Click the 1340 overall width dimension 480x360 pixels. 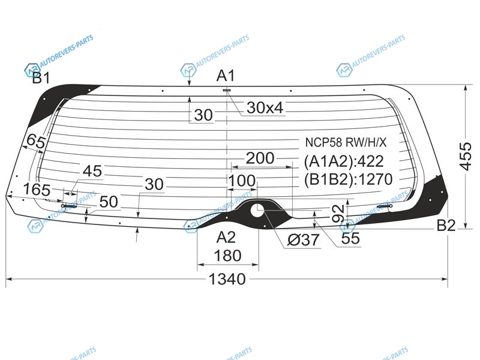[x=227, y=279]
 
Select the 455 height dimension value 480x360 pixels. [x=466, y=156]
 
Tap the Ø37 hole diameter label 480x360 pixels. [x=304, y=239]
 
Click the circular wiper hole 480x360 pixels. [x=257, y=211]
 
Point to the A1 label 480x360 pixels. [x=226, y=76]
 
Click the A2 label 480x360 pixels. [x=226, y=237]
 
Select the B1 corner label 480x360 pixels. [x=41, y=78]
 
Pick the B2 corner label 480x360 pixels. [x=446, y=226]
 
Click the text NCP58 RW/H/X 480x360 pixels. [x=346, y=142]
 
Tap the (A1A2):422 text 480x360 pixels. [x=344, y=161]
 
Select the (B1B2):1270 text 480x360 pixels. [x=348, y=179]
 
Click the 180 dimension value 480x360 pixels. [x=227, y=256]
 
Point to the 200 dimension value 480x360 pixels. [x=260, y=158]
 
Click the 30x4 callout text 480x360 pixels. [x=265, y=108]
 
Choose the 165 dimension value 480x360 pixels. [x=37, y=190]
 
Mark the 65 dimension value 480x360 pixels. [x=36, y=141]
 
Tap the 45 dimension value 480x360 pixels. [x=92, y=171]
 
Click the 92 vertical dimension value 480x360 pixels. [x=338, y=214]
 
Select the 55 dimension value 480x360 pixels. [x=350, y=238]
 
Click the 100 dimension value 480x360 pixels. [x=242, y=181]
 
